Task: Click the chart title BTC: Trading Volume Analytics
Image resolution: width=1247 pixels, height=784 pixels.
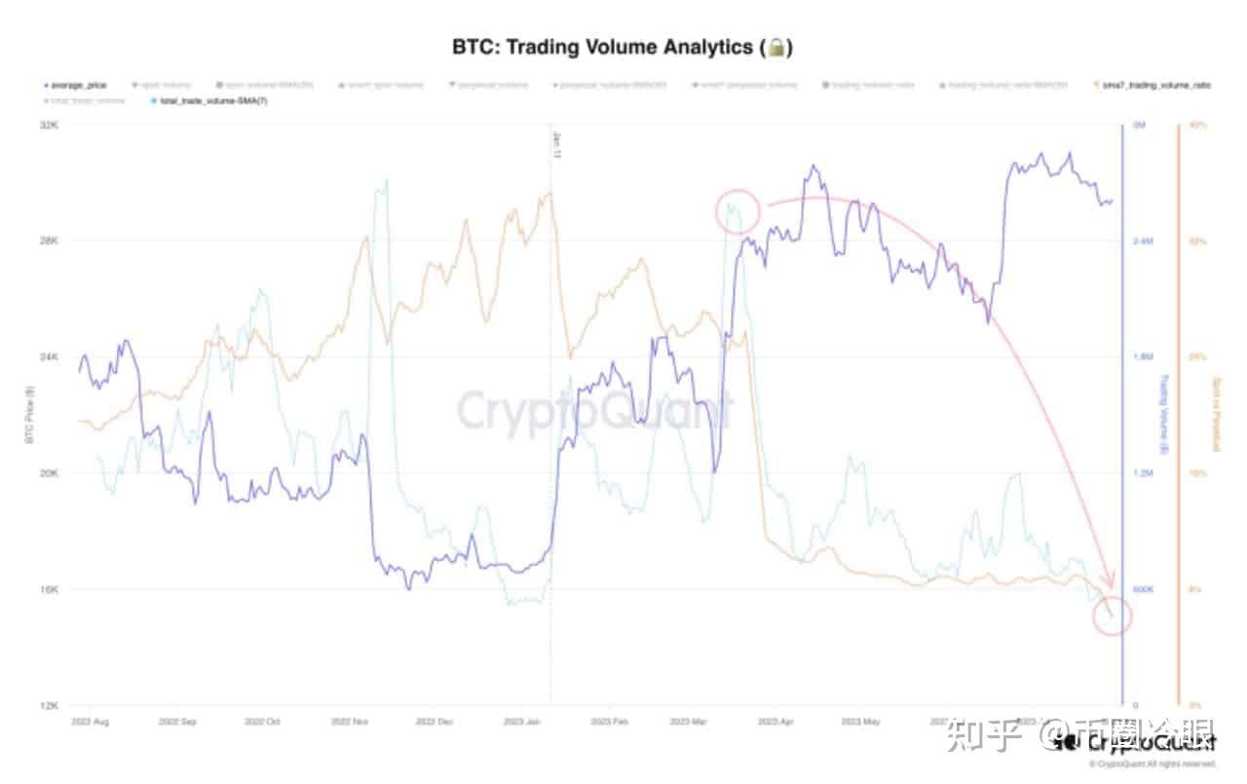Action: pos(602,47)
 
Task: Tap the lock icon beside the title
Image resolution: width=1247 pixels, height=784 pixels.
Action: pos(776,47)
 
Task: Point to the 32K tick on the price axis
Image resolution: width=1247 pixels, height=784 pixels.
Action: pos(49,125)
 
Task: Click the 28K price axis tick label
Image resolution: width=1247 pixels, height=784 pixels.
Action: pos(49,241)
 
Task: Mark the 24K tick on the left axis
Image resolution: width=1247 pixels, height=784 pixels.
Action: pos(49,356)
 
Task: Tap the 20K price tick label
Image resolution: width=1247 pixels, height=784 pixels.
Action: pos(49,473)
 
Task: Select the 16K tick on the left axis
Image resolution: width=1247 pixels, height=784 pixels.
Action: pos(49,589)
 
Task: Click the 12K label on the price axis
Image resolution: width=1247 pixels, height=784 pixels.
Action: pos(49,705)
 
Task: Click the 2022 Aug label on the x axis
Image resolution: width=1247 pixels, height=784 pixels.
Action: pos(90,723)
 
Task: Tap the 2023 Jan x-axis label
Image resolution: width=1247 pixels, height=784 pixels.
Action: pos(521,723)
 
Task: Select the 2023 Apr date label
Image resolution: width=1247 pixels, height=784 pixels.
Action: pos(775,723)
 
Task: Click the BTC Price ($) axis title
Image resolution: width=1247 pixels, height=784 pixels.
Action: pos(30,415)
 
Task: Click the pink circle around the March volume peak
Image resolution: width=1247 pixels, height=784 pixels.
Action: pos(737,212)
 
